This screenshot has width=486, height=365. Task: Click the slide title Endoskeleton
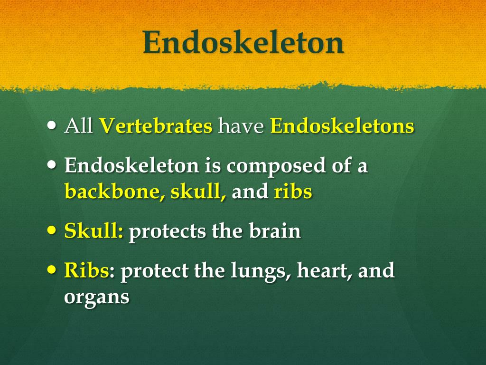pyautogui.click(x=243, y=43)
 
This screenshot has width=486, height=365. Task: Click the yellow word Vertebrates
pyautogui.click(x=156, y=126)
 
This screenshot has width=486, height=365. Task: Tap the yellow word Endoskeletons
pyautogui.click(x=342, y=126)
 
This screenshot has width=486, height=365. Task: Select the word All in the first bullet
pyautogui.click(x=78, y=126)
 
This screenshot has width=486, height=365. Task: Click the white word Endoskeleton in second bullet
pyautogui.click(x=131, y=166)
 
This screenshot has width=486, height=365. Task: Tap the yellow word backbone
pyautogui.click(x=112, y=192)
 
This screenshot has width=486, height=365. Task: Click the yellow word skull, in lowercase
pyautogui.click(x=198, y=192)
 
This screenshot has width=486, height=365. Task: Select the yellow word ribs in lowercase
pyautogui.click(x=293, y=192)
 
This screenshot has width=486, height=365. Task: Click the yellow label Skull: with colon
pyautogui.click(x=94, y=231)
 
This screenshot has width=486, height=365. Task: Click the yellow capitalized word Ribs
pyautogui.click(x=86, y=270)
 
